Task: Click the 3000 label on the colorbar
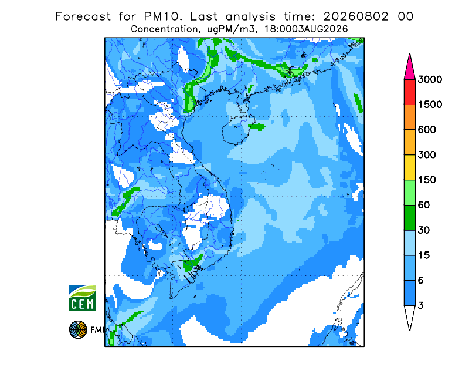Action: (x=430, y=79)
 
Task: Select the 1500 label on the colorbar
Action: (x=430, y=105)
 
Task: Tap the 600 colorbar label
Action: (x=427, y=130)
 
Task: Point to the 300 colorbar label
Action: (x=427, y=155)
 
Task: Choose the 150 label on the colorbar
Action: (x=427, y=180)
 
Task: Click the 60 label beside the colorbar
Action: (x=424, y=206)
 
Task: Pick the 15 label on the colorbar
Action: (x=424, y=255)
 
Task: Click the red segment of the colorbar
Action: (x=409, y=92)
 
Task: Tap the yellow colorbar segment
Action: (x=409, y=167)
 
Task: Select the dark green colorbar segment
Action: (x=409, y=218)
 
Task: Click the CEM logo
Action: (x=82, y=298)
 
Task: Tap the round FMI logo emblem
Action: (x=78, y=329)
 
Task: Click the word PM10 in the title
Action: (x=162, y=16)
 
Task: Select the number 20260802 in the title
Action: (x=356, y=16)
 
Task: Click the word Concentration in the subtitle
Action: (x=164, y=29)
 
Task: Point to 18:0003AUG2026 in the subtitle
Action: (x=306, y=29)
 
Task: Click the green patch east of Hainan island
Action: (x=257, y=127)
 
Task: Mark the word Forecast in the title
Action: (x=83, y=16)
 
